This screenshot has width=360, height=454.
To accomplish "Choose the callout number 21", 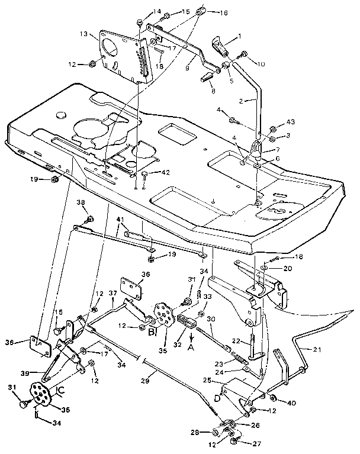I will (318, 350).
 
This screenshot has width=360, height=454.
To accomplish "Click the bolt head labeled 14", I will (139, 22).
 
